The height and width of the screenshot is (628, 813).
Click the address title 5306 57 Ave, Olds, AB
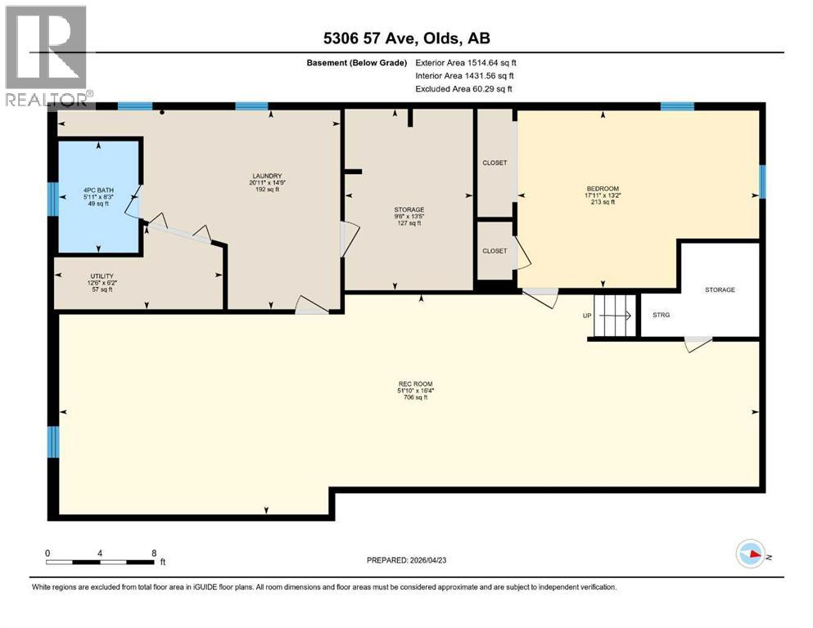[407, 38]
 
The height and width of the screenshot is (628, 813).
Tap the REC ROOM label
[415, 384]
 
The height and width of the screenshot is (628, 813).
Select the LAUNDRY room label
[268, 176]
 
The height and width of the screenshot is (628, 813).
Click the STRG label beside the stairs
[661, 314]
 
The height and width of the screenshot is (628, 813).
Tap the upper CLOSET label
[495, 163]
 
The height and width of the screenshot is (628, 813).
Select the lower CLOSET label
[495, 251]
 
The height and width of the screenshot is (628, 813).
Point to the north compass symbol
[751, 555]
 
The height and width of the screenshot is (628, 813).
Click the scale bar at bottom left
[101, 561]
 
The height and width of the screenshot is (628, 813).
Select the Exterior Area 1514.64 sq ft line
[466, 62]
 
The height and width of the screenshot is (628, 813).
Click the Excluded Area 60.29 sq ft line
[465, 88]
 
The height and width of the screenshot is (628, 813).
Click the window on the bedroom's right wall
[762, 182]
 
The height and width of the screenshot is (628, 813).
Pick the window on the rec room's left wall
[53, 442]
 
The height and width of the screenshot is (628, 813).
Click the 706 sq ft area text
[415, 398]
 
